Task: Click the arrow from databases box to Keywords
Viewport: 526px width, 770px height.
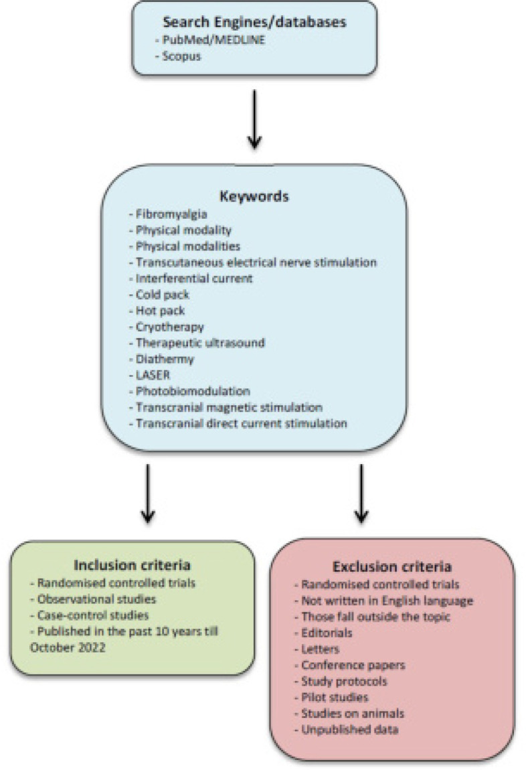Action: (x=254, y=121)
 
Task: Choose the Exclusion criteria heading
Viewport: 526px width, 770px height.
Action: (x=391, y=567)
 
